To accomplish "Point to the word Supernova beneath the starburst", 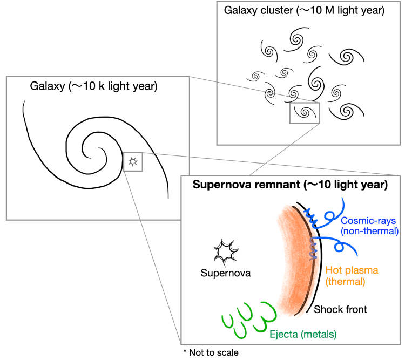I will pyautogui.click(x=225, y=273).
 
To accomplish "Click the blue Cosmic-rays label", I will pyautogui.click(x=369, y=220).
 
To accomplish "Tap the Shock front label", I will pyautogui.click(x=340, y=309).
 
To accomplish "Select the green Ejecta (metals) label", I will pyautogui.click(x=303, y=335).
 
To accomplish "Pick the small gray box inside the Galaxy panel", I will pyautogui.click(x=133, y=162).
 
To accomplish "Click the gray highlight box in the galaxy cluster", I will pyautogui.click(x=305, y=113).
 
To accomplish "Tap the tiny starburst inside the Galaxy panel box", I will pyautogui.click(x=133, y=161).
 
